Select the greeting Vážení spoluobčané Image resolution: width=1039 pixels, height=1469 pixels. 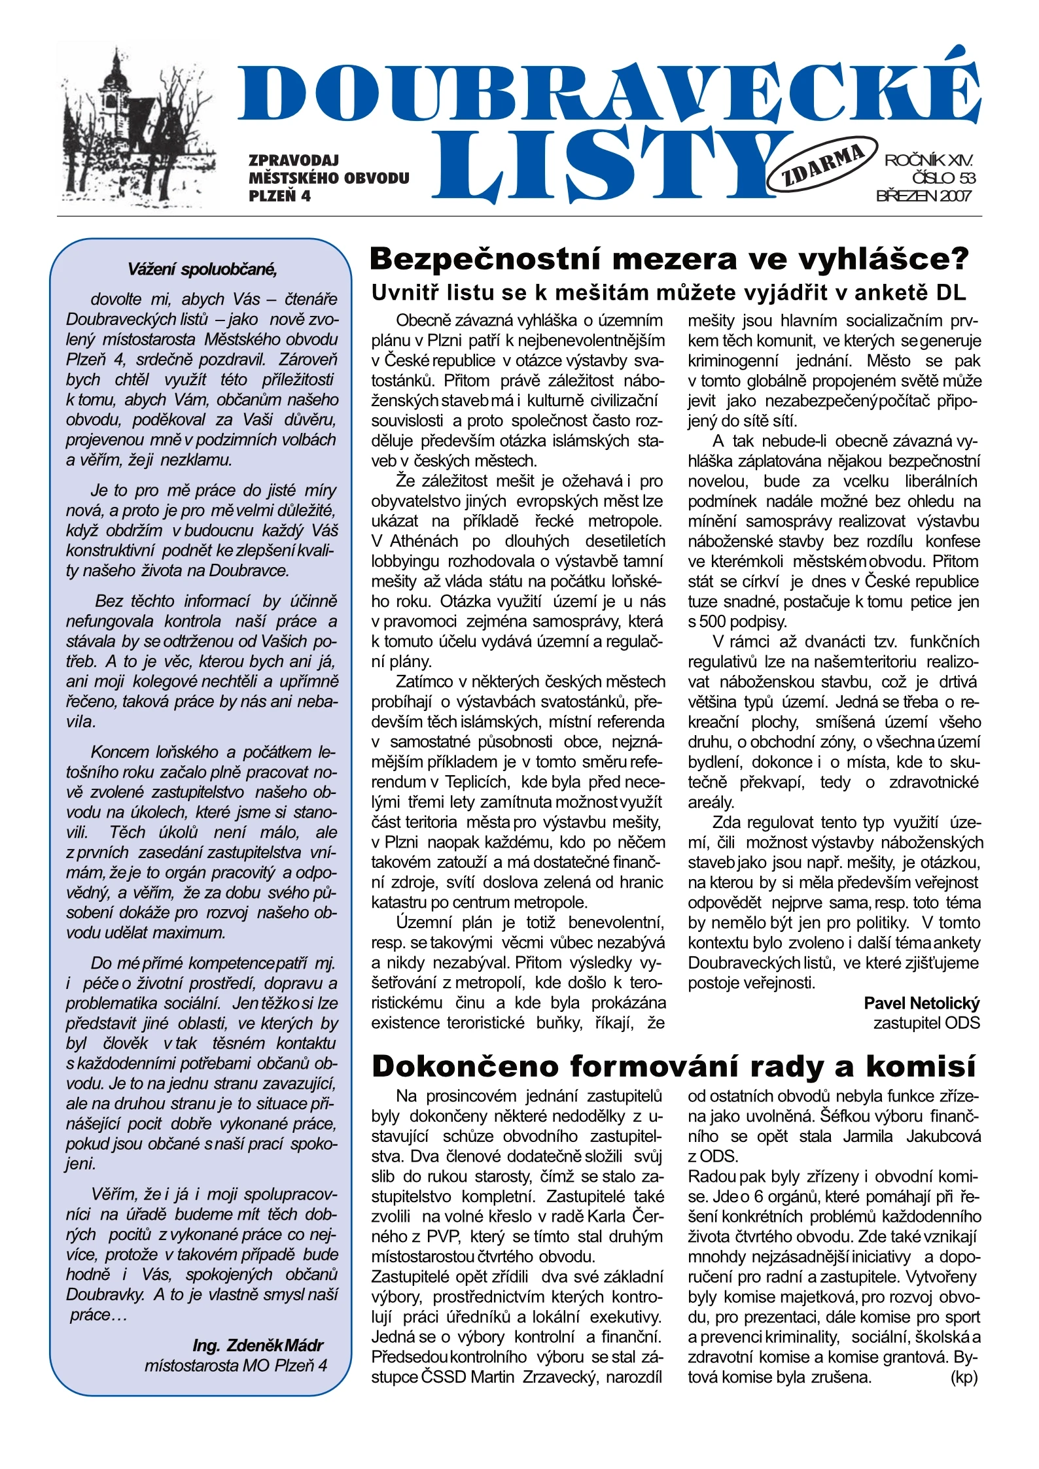tap(202, 269)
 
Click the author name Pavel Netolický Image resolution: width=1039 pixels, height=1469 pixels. tap(921, 1003)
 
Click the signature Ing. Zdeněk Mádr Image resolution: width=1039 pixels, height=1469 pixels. tap(258, 1345)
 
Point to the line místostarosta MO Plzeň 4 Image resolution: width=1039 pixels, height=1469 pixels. tap(236, 1366)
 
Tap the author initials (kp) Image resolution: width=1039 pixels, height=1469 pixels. tap(963, 1377)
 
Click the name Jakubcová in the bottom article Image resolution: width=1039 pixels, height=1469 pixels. tap(943, 1136)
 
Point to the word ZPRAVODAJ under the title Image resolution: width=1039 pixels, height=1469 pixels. tap(294, 160)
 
